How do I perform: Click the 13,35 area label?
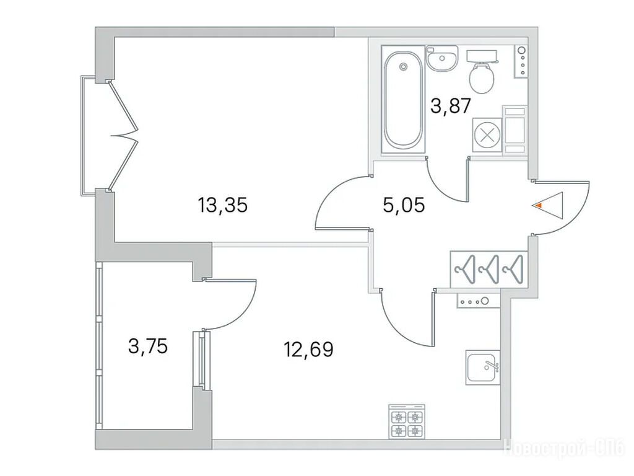coord(222,205)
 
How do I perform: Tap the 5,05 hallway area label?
coord(404,205)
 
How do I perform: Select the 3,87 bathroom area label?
coord(451,106)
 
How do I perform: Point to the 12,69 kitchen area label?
coord(308,349)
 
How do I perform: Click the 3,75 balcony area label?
coord(147,346)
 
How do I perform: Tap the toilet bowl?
coord(482,78)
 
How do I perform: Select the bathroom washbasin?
coord(442,59)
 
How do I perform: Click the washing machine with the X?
coord(487,136)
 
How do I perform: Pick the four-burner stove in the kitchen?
coord(407,421)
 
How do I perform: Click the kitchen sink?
coord(483,367)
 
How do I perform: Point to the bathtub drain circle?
coord(402,67)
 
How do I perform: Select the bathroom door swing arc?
coord(441,188)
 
